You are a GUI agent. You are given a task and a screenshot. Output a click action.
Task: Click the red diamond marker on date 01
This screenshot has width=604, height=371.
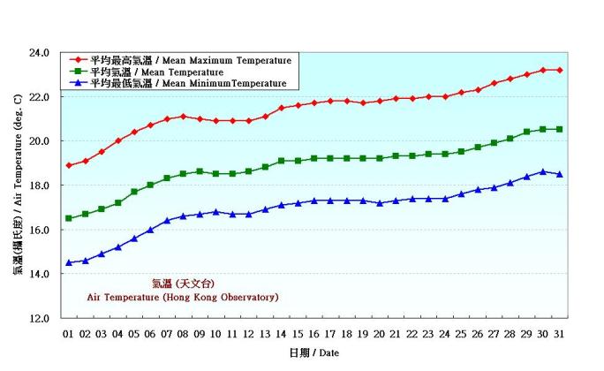click(69, 165)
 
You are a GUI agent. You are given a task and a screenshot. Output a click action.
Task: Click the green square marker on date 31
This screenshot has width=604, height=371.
click(559, 129)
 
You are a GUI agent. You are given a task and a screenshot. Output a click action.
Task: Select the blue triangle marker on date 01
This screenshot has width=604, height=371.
click(69, 262)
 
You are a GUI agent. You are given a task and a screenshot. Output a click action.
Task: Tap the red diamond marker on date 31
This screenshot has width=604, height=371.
click(559, 70)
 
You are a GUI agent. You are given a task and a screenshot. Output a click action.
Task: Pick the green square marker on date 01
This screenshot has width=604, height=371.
click(69, 218)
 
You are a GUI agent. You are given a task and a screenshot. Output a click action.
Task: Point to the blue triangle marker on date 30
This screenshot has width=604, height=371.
click(543, 171)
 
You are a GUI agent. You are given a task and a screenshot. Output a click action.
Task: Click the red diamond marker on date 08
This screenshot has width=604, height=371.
click(184, 116)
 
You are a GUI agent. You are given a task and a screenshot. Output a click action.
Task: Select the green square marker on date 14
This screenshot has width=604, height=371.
click(282, 161)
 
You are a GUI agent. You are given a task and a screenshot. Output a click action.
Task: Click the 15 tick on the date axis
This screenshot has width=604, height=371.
click(298, 334)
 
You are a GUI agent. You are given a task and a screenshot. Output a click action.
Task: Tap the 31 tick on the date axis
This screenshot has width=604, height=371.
click(559, 334)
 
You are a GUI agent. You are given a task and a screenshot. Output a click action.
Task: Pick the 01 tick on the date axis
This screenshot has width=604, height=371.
click(69, 334)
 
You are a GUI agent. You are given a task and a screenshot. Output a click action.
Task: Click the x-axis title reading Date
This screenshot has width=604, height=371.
click(313, 353)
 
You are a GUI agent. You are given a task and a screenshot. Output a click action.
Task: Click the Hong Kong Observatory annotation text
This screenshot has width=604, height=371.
click(183, 298)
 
